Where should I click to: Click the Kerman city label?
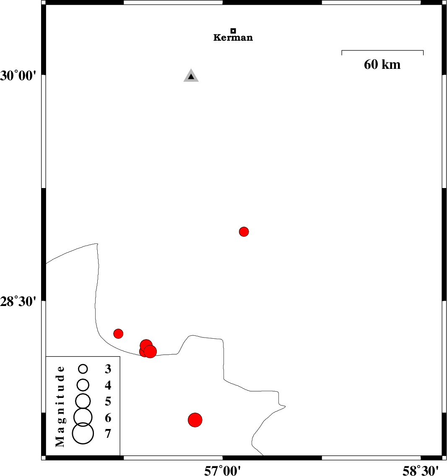[233, 38]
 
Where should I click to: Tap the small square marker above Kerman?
[233, 31]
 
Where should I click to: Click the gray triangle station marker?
[191, 76]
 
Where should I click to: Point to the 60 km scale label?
[382, 64]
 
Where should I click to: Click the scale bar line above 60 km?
[382, 50]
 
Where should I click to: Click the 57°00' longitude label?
[223, 471]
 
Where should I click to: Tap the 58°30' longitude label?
[421, 471]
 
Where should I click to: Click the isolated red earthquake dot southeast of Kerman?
[244, 232]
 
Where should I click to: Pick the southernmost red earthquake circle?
[195, 420]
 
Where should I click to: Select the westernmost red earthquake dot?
[118, 334]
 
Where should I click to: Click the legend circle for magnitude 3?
[83, 369]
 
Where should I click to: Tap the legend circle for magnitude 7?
[83, 433]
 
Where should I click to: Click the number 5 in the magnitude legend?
[108, 401]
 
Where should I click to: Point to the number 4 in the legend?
[108, 385]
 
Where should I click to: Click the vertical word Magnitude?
[60, 406]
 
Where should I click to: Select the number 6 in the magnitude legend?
[108, 418]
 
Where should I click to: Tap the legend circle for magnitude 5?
[83, 401]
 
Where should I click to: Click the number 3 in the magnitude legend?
[108, 369]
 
